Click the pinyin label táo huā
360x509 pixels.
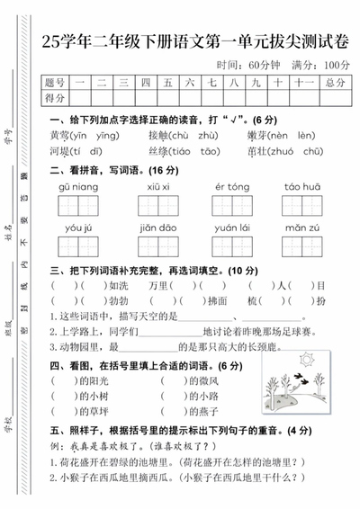click(x=302, y=185)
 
